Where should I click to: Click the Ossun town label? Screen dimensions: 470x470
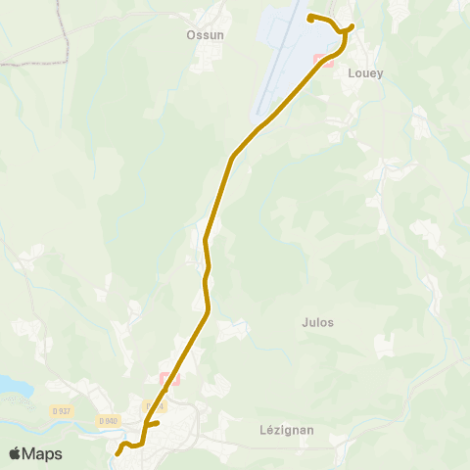point(206,34)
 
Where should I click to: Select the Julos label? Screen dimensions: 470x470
point(318,322)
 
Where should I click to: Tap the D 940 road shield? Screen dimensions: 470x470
point(108,421)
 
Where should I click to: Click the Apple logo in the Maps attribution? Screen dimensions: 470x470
point(15,453)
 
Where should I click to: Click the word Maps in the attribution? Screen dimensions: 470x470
point(42,453)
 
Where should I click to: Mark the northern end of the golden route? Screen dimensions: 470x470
point(310,18)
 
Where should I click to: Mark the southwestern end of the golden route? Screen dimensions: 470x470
point(117,452)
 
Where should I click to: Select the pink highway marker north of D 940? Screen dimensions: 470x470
point(169,378)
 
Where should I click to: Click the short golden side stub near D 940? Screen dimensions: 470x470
point(155,424)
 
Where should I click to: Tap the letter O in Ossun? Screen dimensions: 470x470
point(191,34)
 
